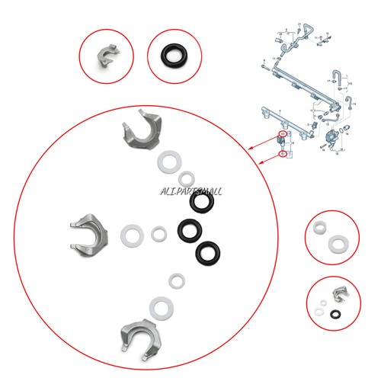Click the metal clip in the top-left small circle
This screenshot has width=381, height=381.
tap(106, 56)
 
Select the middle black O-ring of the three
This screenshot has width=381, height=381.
tap(189, 229)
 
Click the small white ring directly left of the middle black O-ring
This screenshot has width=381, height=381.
tap(158, 232)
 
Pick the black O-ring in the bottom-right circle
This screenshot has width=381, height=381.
tap(336, 312)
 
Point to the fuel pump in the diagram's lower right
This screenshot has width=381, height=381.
tap(332, 137)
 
